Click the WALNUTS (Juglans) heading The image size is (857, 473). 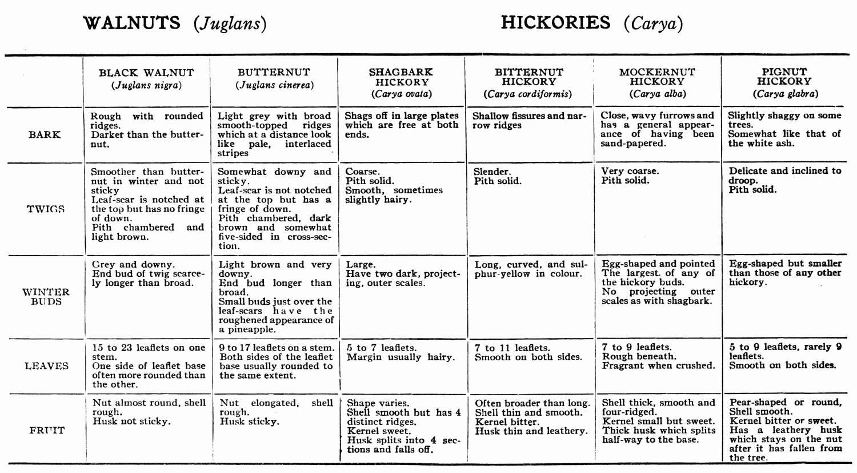175,23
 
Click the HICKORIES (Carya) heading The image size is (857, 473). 592,23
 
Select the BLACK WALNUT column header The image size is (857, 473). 146,79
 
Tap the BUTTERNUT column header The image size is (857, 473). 274,78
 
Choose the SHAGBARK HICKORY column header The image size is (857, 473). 401,82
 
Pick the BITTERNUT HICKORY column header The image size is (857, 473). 528,82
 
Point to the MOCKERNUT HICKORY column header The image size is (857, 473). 657,82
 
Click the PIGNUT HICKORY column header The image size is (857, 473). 784,82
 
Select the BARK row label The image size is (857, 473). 44,135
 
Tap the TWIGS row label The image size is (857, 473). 45,209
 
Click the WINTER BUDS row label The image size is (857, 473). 46,296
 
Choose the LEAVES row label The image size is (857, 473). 46,366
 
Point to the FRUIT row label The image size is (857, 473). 47,430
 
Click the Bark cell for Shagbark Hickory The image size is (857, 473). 401,125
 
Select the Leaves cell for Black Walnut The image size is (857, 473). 148,365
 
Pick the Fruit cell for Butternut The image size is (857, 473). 276,412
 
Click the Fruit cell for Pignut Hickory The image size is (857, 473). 785,430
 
